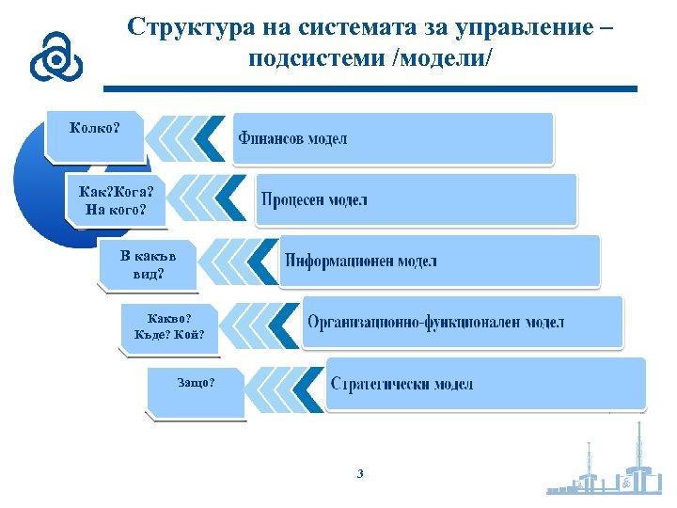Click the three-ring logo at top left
point(55,58)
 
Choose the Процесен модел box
point(415,199)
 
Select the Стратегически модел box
point(485,384)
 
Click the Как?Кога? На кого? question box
point(117,198)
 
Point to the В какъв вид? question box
point(146,264)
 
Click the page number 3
point(360,473)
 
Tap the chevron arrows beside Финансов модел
point(188,138)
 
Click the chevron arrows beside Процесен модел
point(212,199)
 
